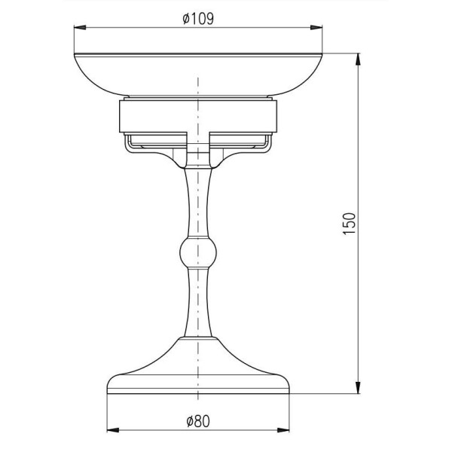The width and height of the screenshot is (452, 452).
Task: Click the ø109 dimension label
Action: coord(198,19)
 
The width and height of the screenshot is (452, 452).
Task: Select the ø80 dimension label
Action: coord(198,422)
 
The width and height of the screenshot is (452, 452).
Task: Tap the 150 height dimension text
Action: coord(350,224)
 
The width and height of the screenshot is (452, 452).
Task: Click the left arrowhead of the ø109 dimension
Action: coord(80,27)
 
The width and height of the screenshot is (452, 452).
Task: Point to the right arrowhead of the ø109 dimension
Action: coord(316,27)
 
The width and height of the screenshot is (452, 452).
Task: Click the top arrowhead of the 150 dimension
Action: coord(358,60)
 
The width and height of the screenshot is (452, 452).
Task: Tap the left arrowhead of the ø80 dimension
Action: coord(113,430)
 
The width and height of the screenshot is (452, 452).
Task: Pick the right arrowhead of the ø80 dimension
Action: coord(283,430)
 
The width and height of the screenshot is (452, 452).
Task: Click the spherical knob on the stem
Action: coord(197,252)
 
